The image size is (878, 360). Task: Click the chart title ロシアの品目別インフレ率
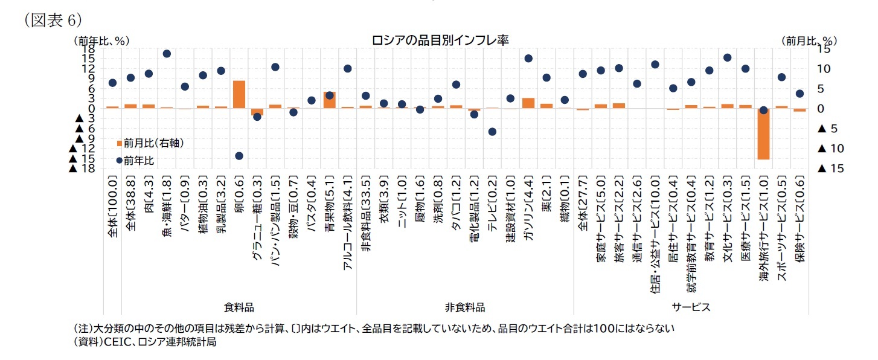pos(440,40)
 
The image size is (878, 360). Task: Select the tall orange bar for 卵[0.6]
pos(239,94)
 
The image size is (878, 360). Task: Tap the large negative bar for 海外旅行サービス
pos(763,134)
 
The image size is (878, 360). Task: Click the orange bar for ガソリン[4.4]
pos(528,103)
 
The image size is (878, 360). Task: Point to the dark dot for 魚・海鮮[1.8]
pos(167,54)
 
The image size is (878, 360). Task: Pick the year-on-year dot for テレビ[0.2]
pos(492,132)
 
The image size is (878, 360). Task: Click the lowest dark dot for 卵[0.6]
pos(239,156)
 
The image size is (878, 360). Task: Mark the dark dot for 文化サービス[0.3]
pos(727,57)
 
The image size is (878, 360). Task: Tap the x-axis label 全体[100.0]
pos(112,205)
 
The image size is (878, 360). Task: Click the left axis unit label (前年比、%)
pos(101,41)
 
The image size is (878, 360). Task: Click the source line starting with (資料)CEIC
pos(144,342)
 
